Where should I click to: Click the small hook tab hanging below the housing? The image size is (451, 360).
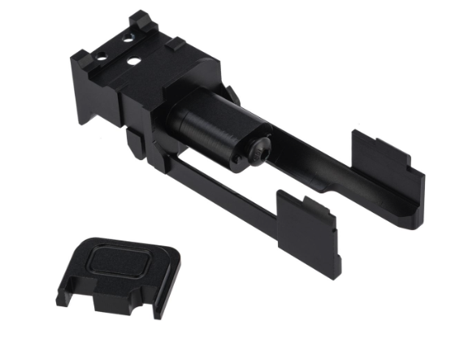tap(132, 147)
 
